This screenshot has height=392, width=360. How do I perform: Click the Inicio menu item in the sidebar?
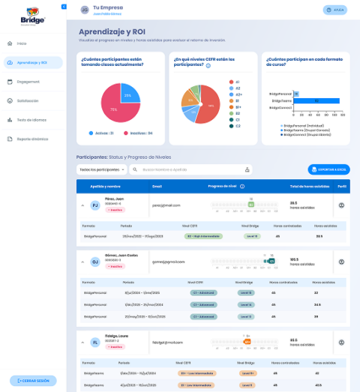[x=22, y=43]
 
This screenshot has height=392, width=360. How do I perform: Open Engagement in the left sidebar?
[x=28, y=81]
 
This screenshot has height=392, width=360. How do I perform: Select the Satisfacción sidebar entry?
[x=28, y=100]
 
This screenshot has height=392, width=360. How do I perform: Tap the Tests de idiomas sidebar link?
[x=31, y=119]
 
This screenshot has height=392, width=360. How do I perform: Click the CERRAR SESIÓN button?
[x=33, y=381]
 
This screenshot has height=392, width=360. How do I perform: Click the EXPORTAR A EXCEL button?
[x=328, y=169]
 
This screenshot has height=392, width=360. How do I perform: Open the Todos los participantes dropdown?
[x=101, y=169]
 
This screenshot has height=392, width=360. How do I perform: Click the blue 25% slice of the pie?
[x=127, y=96]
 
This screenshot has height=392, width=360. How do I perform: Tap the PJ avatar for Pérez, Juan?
[x=94, y=205]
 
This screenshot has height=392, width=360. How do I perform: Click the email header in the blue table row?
[x=157, y=186]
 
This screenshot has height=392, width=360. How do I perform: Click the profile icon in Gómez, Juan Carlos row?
[x=342, y=262]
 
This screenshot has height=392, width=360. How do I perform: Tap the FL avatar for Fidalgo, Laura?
[x=94, y=342]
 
